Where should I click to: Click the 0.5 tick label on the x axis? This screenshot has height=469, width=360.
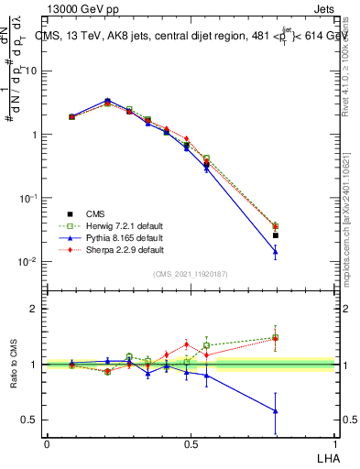(191, 443)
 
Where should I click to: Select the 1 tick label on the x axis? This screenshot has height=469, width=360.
(334, 443)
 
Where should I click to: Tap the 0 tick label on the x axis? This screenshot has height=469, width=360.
(47, 443)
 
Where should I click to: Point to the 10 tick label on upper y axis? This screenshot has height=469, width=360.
(31, 71)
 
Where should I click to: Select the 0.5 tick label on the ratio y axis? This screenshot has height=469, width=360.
(30, 420)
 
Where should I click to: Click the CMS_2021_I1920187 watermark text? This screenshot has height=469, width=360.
(191, 273)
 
